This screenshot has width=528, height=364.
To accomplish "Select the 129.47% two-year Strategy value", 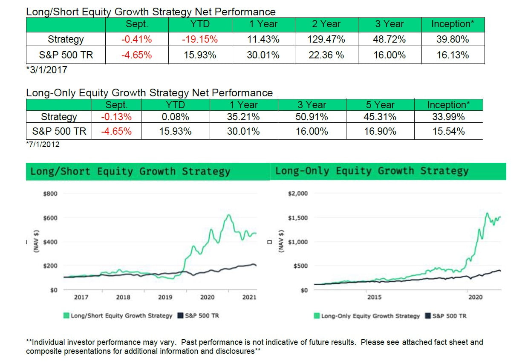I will (x=326, y=40).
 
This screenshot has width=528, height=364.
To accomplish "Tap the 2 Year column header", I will (x=326, y=24).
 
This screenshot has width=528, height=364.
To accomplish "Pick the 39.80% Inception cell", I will (x=453, y=40).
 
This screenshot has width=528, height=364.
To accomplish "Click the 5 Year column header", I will (x=380, y=105).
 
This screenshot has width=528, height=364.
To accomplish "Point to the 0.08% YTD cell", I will (x=175, y=116).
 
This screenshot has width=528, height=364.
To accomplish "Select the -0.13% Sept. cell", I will (x=116, y=116).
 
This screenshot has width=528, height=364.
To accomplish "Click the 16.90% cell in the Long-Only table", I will (x=380, y=132).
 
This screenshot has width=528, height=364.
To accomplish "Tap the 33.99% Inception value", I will (x=448, y=116).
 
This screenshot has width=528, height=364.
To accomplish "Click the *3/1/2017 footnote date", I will (x=47, y=70).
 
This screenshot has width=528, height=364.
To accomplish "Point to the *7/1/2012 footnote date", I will (x=43, y=144).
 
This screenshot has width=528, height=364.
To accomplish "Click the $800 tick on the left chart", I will (x=50, y=194).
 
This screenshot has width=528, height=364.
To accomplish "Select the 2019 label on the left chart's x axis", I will (x=165, y=297).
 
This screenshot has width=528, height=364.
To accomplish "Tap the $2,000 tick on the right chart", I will (x=298, y=194).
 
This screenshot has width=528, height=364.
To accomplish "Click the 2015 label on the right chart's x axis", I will (x=374, y=297).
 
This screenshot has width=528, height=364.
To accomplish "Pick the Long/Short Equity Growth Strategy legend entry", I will (x=118, y=316).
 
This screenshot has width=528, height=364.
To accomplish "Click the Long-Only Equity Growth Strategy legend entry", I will (x=367, y=316).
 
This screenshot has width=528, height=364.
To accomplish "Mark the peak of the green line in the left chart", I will (x=229, y=215).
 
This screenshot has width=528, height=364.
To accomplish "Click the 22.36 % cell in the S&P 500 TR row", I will (x=326, y=55).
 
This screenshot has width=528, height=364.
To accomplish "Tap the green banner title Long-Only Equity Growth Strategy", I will (x=372, y=171).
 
